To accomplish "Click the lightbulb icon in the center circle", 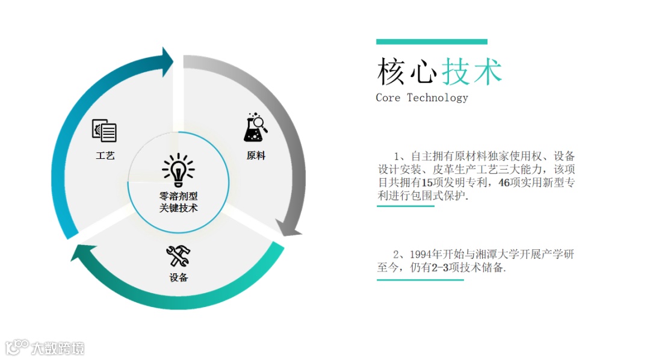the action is tap(178, 170).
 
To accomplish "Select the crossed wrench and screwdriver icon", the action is tap(178, 256).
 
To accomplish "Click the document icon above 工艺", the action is tap(104, 131).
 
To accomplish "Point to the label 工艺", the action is tap(105, 155).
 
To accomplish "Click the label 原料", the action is tap(256, 155).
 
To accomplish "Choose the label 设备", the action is tap(179, 278).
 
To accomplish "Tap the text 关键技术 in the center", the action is tap(178, 208).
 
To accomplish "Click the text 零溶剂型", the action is tap(178, 196).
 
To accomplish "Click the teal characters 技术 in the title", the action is tap(472, 72).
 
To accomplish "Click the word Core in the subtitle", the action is tap(388, 98).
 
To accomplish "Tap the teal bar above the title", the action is tap(432, 42).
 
